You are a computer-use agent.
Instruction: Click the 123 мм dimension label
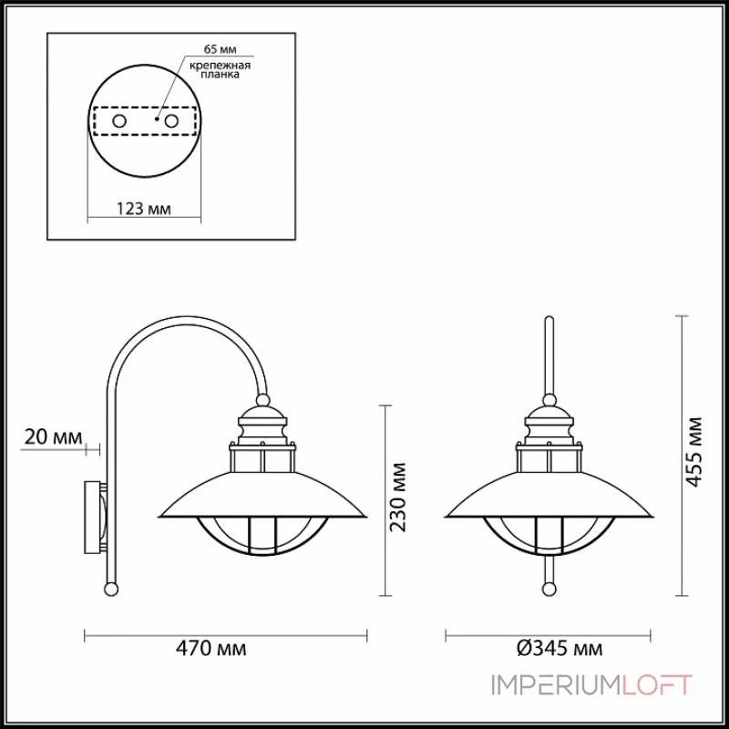144,210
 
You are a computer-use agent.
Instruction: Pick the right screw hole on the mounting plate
169,120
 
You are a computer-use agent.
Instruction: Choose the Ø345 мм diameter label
558,649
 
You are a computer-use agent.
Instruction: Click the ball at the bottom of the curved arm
112,589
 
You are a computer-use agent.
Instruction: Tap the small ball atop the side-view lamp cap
262,399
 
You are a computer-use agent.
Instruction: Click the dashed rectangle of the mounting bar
144,120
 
